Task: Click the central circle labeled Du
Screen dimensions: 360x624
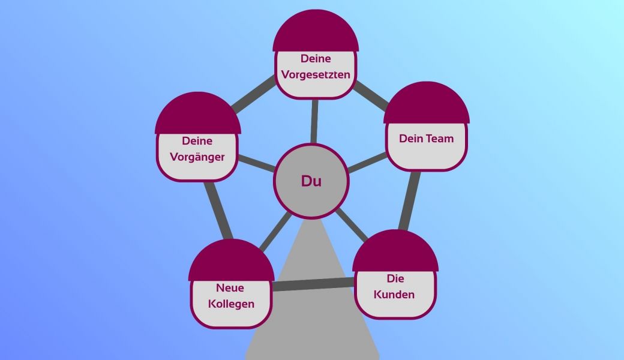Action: pos(311,181)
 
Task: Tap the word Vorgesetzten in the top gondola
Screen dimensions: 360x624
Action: pos(316,74)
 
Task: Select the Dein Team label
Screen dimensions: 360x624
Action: pos(426,139)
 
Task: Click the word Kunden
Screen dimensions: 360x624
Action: pos(394,295)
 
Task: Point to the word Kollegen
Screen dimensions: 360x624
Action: pos(231,304)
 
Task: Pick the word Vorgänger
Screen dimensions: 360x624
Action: pos(197,157)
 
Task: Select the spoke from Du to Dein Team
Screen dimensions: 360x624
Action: pos(367,162)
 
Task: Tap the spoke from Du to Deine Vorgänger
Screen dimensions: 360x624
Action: pos(257,163)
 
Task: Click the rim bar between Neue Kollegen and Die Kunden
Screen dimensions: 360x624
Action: pos(313,284)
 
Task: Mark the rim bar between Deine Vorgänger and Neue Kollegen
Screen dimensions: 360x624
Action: pos(218,210)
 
